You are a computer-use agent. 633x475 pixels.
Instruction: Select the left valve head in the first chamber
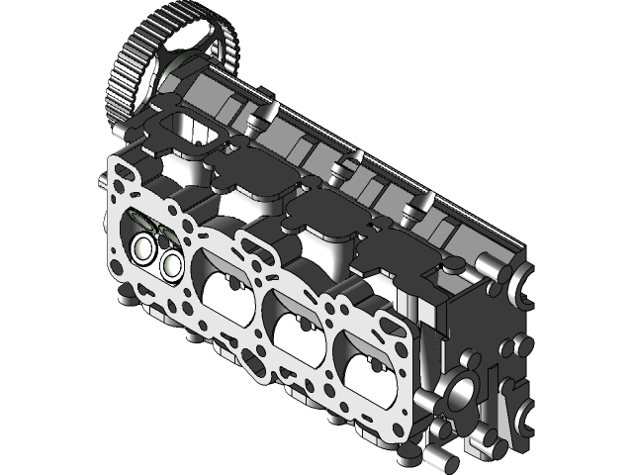(145, 247)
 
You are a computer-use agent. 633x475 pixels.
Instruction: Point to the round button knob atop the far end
(454, 265)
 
